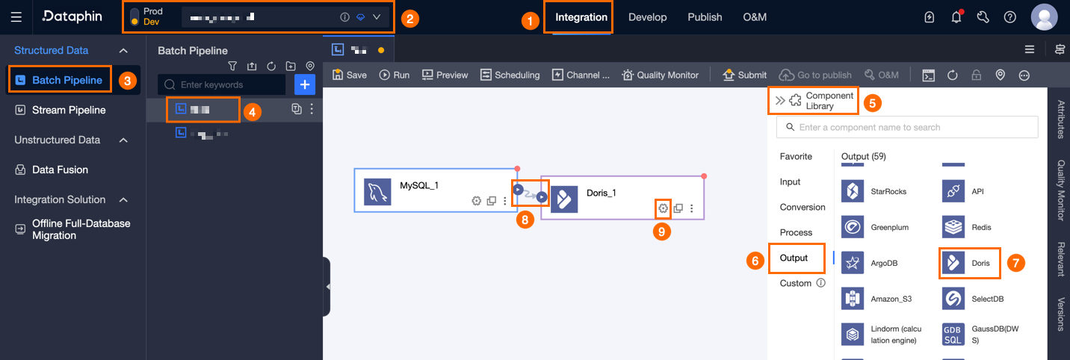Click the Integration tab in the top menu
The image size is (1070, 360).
pos(581,17)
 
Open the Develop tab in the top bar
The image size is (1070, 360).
pos(647,17)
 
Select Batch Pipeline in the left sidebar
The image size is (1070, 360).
pos(67,80)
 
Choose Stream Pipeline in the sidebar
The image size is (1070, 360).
pos(68,110)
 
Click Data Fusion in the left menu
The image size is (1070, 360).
pos(60,170)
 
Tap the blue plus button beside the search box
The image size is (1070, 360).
pos(305,84)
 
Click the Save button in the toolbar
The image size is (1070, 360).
pos(350,75)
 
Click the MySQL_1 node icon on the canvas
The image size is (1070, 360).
pos(377,192)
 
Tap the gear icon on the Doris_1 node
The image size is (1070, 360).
pos(663,208)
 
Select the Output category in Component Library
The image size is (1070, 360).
pos(794,258)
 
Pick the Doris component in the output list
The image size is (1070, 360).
pos(969,263)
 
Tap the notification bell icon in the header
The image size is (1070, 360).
pos(956,17)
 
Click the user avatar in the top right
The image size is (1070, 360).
pos(1043,17)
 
